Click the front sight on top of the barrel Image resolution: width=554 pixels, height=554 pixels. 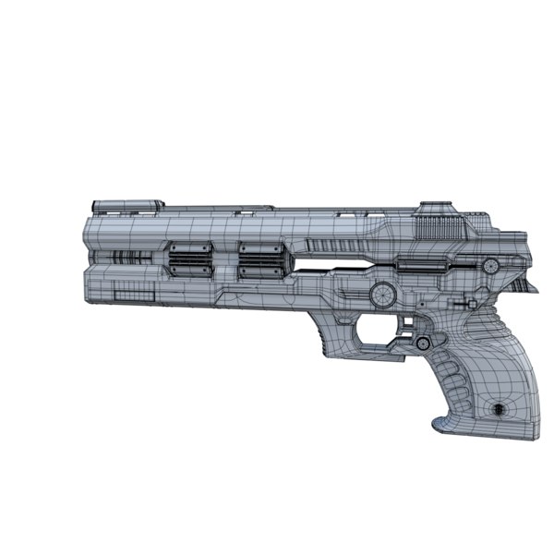(126, 204)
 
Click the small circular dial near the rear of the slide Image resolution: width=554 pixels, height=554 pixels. (491, 266)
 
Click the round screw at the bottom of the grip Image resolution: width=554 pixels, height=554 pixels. (499, 408)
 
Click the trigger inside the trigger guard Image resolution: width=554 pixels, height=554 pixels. (403, 325)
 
